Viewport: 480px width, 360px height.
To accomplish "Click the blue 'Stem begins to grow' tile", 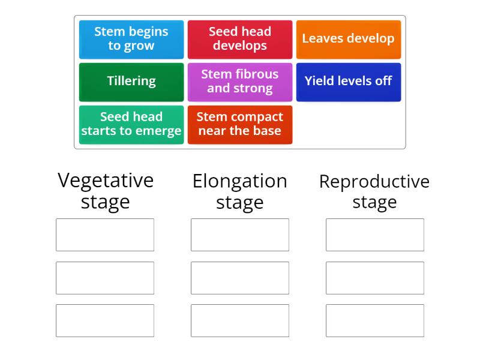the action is [131, 40].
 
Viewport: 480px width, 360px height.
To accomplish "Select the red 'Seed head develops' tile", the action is [240, 40].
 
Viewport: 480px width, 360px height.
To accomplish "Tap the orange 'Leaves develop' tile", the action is [349, 40].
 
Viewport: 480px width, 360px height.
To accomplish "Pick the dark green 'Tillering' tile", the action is [131, 82].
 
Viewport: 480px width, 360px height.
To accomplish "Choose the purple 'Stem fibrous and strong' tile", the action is [240, 82].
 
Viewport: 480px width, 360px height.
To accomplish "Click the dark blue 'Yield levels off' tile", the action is [349, 82].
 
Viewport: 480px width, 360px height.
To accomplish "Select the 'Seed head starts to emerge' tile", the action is [131, 125].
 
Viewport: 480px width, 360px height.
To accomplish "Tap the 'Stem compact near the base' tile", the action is [240, 125].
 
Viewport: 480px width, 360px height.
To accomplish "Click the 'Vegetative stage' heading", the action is [106, 191].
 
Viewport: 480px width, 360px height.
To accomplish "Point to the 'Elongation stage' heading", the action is [240, 192].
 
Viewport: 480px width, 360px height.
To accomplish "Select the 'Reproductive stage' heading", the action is [374, 192].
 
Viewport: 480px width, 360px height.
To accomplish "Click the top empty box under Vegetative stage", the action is [105, 235].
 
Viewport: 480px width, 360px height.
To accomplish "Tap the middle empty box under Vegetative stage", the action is [105, 278].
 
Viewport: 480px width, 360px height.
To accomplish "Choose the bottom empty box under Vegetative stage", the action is [105, 320].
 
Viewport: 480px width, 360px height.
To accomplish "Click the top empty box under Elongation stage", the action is [240, 235].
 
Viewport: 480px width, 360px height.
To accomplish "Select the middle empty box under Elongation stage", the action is [240, 278].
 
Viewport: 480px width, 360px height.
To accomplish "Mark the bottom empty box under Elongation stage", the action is [240, 320].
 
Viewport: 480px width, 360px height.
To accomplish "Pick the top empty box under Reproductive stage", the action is [375, 235].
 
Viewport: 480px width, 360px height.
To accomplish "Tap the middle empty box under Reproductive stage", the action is [375, 278].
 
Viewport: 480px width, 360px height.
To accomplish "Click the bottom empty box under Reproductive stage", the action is [375, 320].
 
